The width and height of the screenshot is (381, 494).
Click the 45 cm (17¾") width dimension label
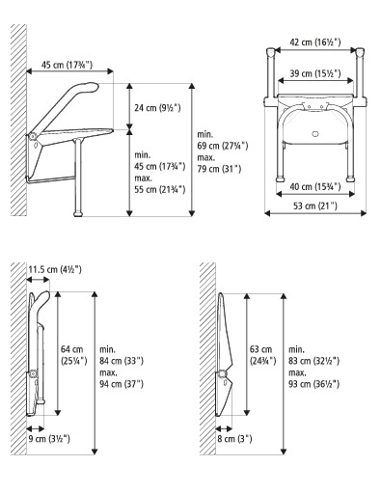tap(66, 65)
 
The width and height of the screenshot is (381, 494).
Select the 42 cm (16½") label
tap(313, 42)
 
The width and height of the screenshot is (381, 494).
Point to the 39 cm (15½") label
tap(313, 72)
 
